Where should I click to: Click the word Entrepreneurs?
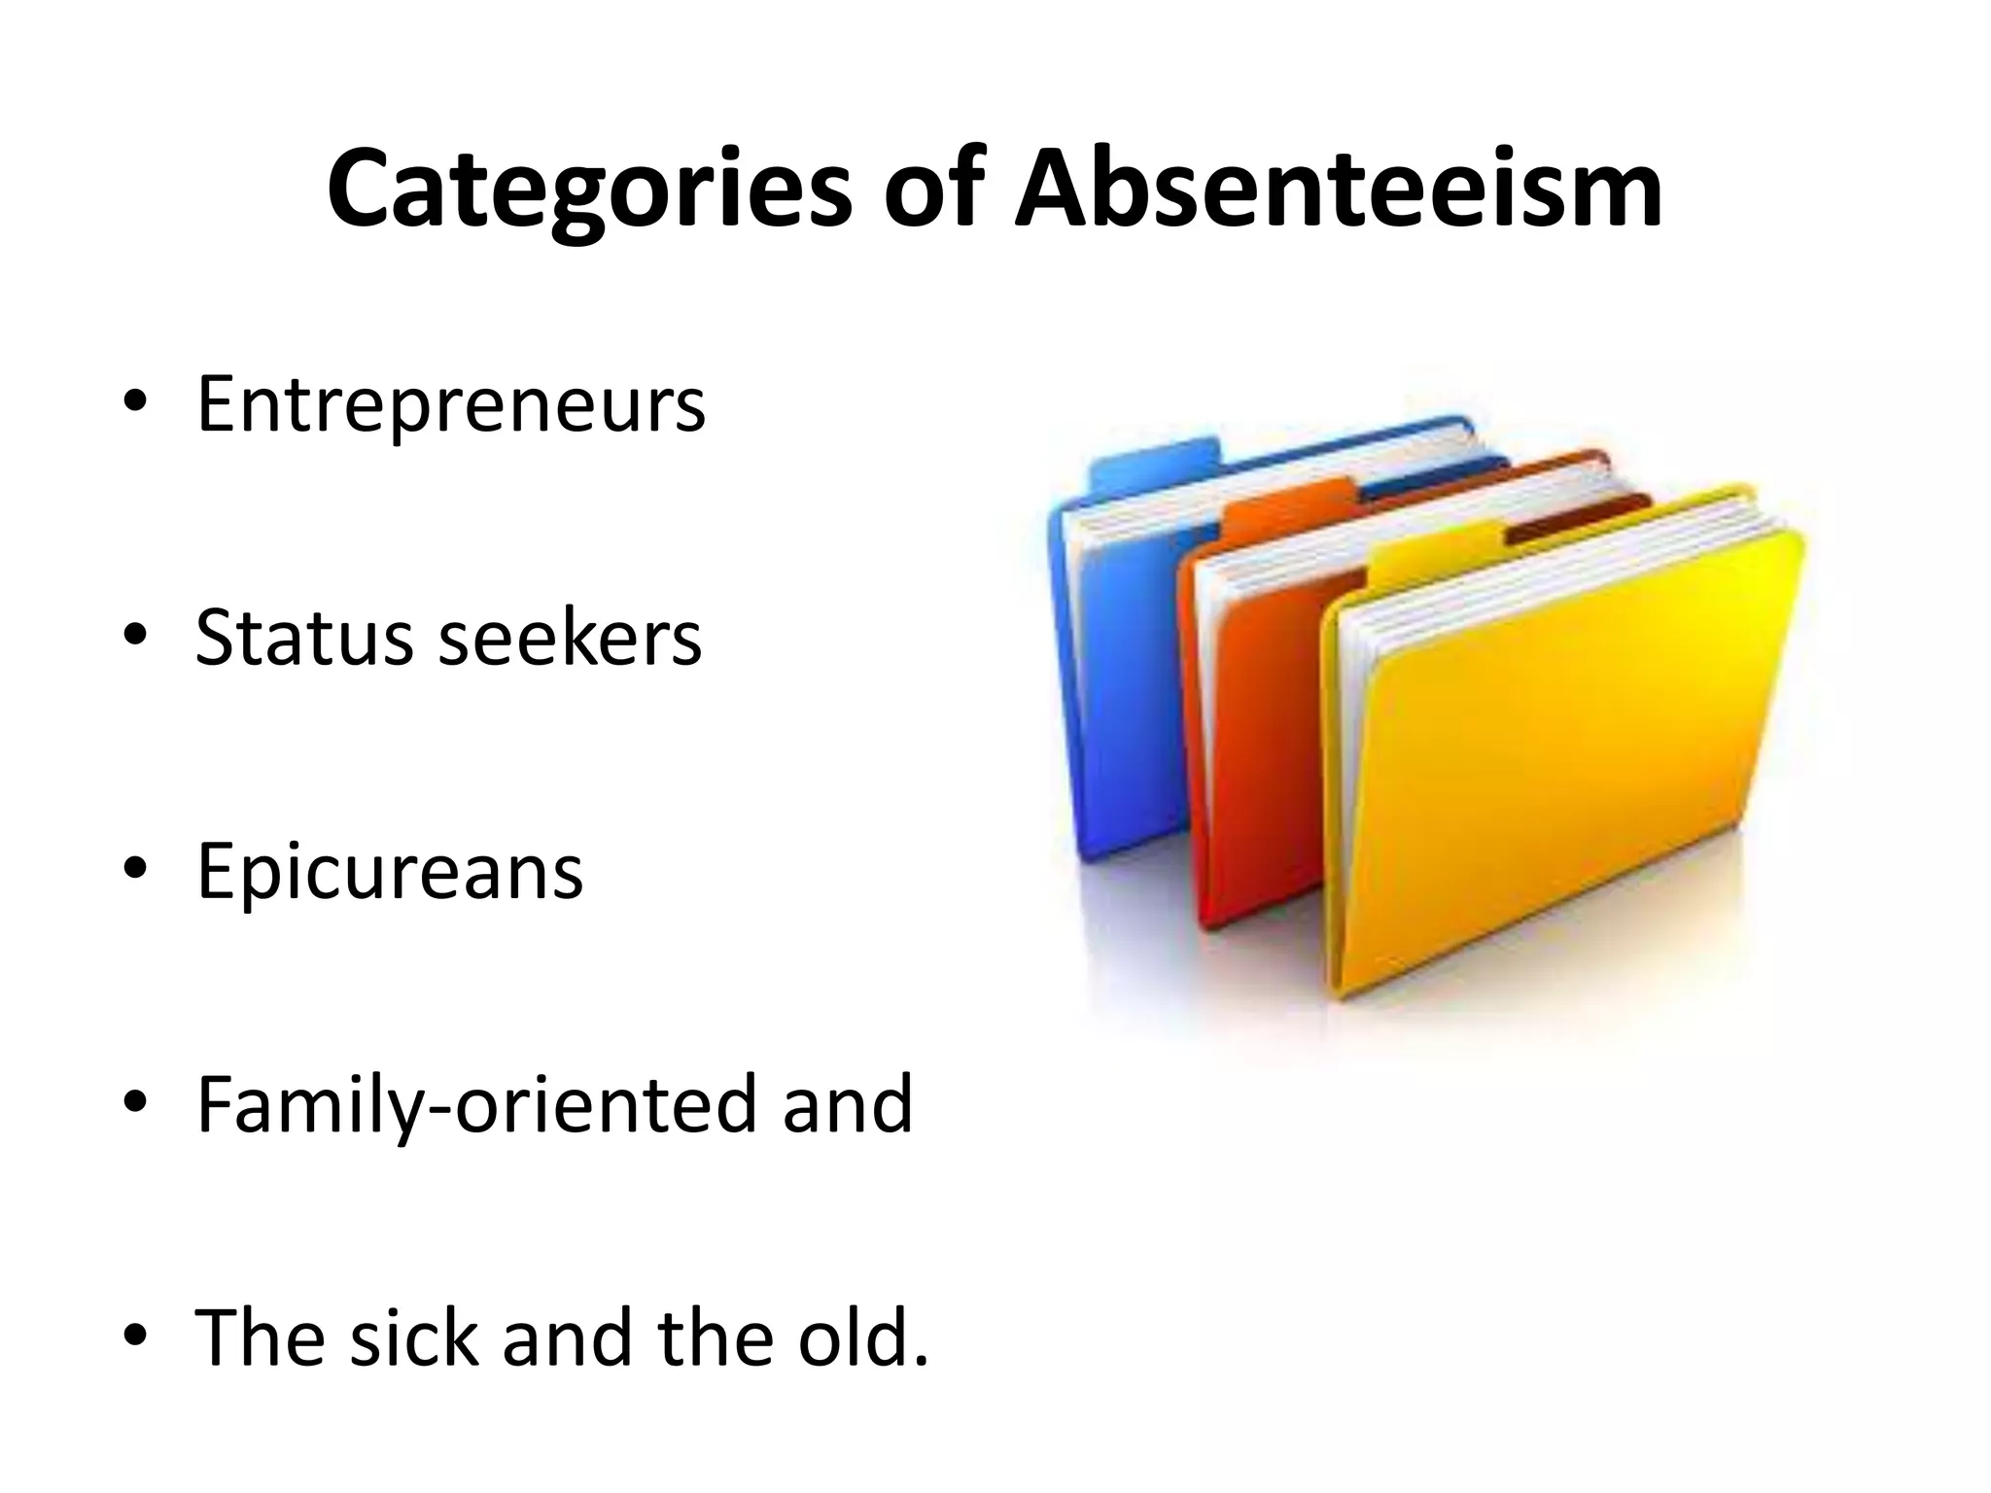click(x=450, y=404)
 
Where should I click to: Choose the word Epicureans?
click(x=389, y=872)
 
